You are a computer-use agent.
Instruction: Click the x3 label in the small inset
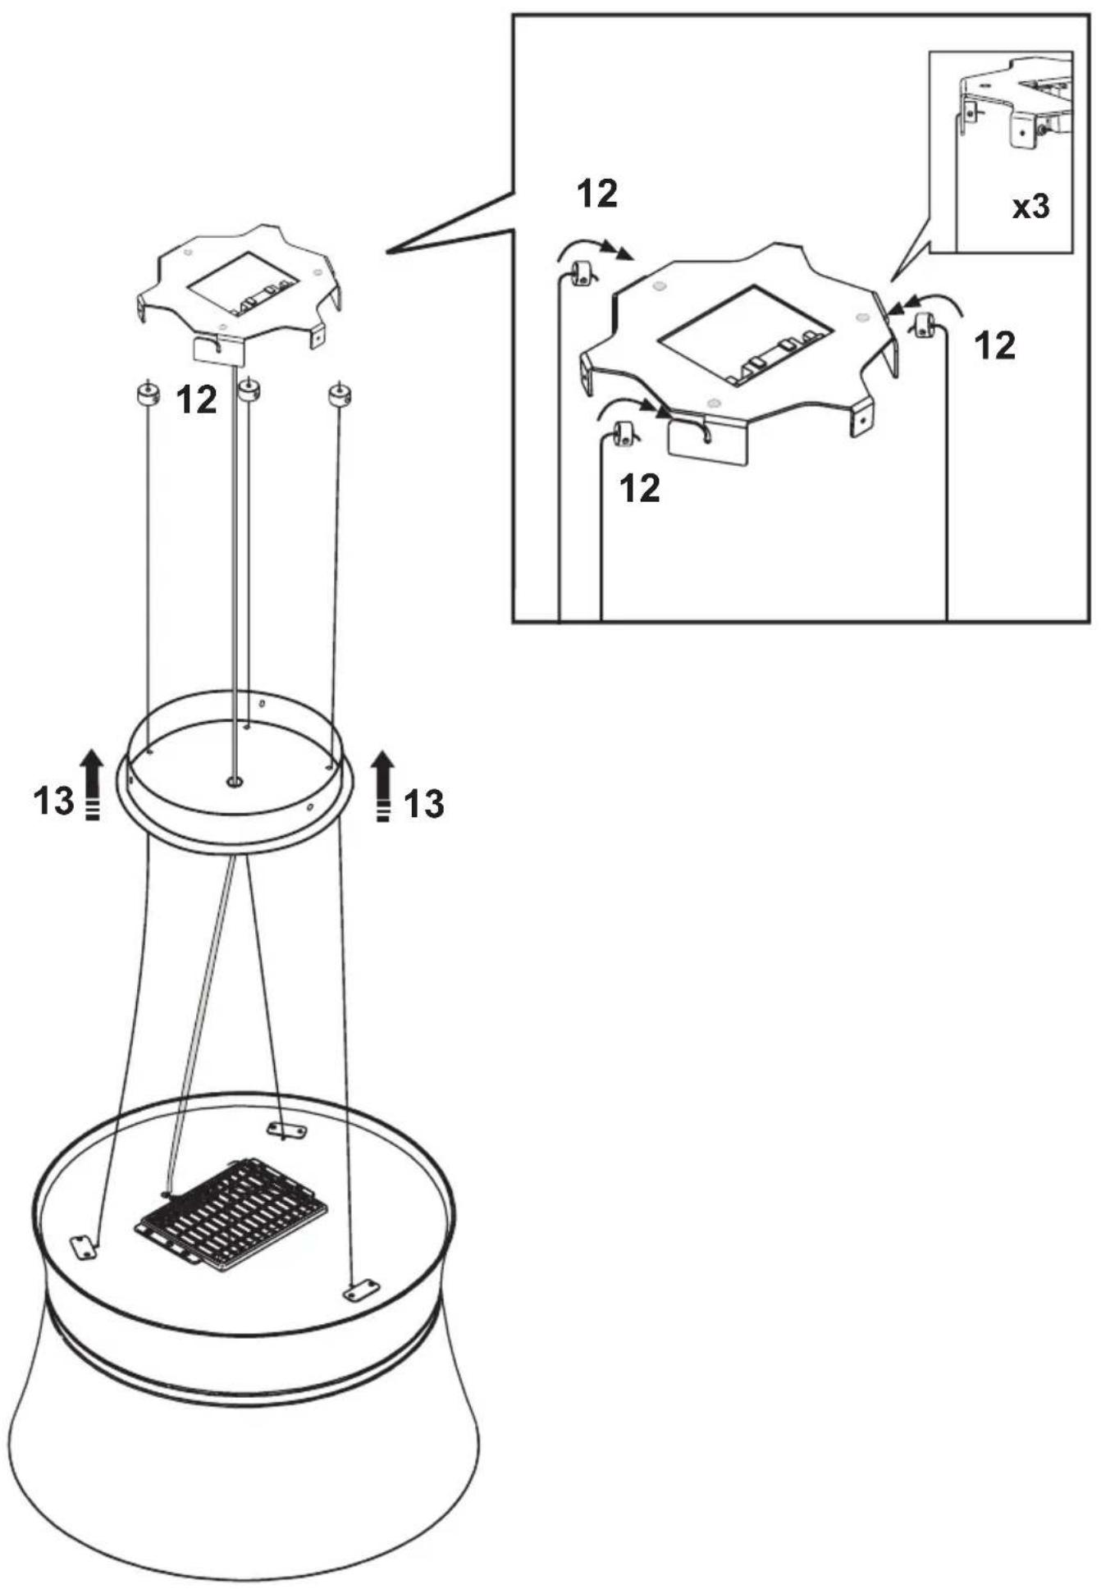point(1030,207)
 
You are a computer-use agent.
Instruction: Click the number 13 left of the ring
point(53,801)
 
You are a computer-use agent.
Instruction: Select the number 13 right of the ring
point(423,805)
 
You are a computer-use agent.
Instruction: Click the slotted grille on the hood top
point(231,1213)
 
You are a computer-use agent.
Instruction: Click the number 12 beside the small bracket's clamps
point(197,400)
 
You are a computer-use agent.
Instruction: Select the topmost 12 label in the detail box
point(597,194)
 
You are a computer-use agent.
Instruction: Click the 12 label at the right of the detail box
point(994,346)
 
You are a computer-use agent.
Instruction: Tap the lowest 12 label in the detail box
point(640,489)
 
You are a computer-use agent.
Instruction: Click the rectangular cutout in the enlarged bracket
point(747,336)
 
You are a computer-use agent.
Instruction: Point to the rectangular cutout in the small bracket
point(241,284)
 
